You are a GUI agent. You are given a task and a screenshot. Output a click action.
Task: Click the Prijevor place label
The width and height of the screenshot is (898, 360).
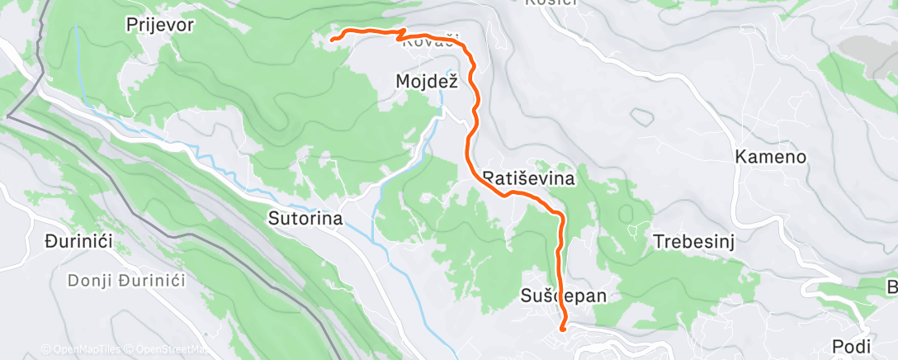point(160,25)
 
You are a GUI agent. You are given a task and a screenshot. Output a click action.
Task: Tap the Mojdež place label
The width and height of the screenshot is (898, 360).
point(426,81)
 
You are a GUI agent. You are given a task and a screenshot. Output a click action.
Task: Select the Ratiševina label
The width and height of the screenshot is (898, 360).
point(528,178)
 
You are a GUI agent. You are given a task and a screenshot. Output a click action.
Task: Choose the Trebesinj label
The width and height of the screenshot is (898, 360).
point(694,242)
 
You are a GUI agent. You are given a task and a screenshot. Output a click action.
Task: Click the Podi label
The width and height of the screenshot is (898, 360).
point(851,345)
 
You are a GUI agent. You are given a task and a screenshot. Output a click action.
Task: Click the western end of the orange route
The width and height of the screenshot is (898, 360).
point(332,39)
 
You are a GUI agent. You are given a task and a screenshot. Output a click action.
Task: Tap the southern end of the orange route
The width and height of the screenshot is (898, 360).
point(563,328)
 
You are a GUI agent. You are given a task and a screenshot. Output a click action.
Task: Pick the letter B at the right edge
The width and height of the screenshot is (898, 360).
point(891,287)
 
